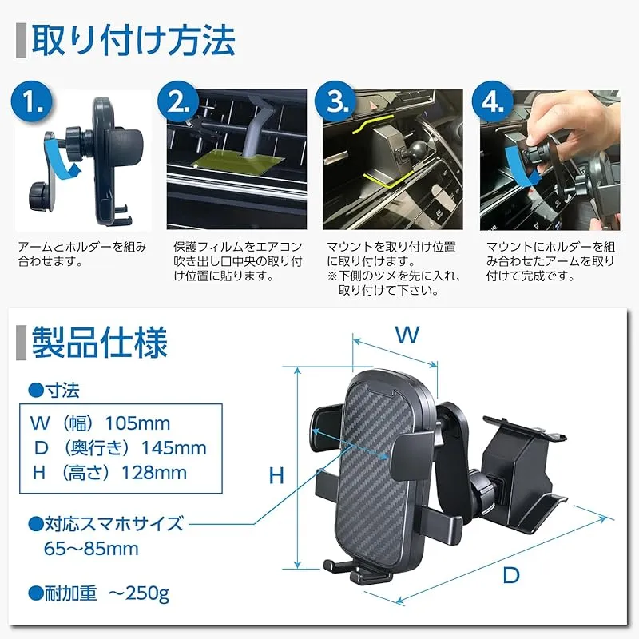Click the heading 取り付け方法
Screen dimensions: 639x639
pos(133,42)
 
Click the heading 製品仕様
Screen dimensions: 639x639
pos(100,343)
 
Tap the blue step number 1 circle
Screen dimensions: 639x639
pos(33,102)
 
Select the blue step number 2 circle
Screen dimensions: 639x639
pos(178,102)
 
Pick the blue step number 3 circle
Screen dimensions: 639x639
pos(336,102)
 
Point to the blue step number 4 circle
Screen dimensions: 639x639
pos(493,102)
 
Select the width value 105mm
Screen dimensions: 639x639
pos(137,424)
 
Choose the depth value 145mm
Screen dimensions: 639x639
pos(174,448)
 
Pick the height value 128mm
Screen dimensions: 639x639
pos(154,473)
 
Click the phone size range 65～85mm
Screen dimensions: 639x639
pos(91,549)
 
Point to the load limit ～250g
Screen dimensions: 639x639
pos(138,593)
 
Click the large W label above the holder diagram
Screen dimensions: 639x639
pos(407,335)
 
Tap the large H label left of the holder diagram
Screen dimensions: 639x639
pos(276,475)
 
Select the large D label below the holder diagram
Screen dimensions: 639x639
pos(511,575)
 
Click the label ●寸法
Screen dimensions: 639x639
pos(54,391)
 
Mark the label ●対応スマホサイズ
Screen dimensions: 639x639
pos(106,524)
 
